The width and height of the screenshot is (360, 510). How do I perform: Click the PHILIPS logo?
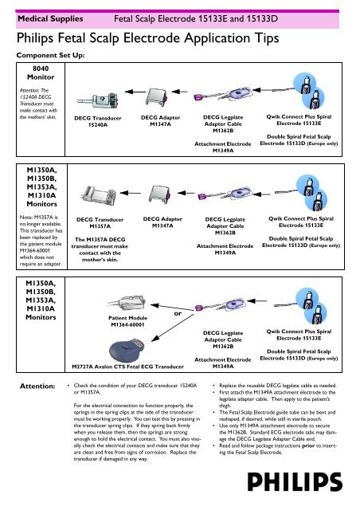click(295, 481)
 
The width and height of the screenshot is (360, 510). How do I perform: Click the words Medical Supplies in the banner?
click(50, 19)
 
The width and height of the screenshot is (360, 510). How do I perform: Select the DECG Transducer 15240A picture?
click(97, 101)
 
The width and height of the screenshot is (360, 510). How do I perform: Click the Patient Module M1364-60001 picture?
click(126, 304)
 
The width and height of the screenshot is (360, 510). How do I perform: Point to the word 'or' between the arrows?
click(178, 313)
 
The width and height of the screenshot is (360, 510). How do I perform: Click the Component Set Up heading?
click(50, 55)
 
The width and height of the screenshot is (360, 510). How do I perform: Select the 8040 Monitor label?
click(41, 73)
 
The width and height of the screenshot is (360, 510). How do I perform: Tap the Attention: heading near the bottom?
click(37, 386)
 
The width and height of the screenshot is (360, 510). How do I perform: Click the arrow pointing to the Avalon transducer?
click(173, 328)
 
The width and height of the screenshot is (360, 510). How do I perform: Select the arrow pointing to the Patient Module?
click(172, 308)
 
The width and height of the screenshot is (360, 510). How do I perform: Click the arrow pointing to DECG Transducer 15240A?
click(135, 92)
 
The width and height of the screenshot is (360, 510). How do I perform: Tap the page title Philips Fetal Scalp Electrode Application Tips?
click(147, 38)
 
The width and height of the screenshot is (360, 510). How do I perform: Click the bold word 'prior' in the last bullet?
click(308, 445)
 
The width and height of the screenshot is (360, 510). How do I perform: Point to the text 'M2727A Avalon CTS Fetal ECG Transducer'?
click(127, 367)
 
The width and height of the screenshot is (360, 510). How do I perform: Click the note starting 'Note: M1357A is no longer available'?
click(41, 241)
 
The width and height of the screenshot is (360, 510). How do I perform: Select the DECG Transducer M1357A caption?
click(100, 223)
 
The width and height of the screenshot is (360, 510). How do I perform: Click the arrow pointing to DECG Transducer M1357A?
click(131, 193)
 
